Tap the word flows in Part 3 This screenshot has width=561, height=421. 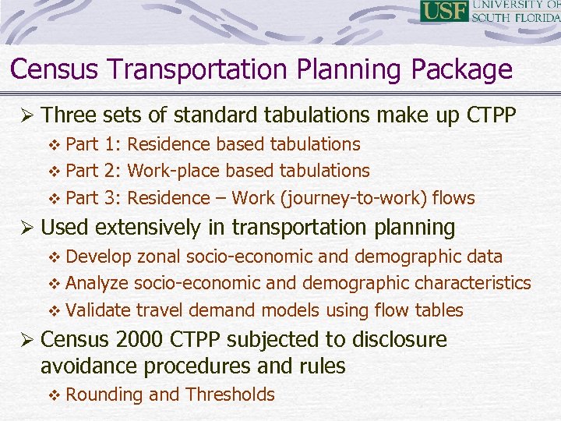[453, 198]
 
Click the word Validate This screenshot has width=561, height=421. [99, 310]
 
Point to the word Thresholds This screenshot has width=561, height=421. [230, 394]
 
